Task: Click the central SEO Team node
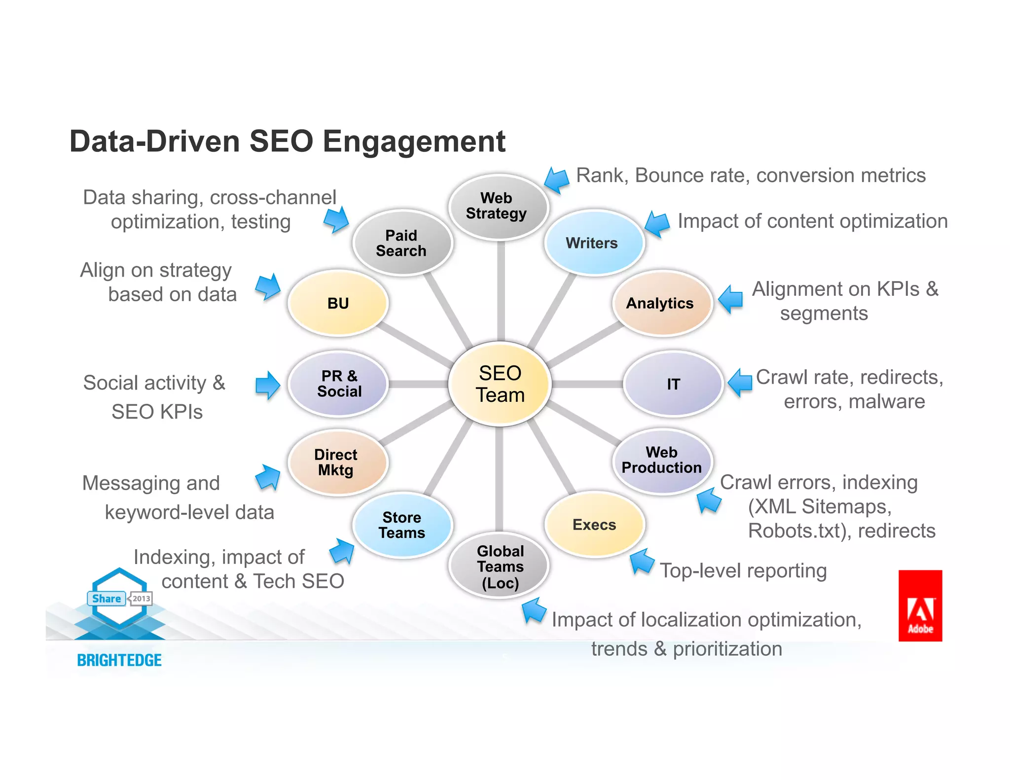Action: [500, 384]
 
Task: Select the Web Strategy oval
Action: [498, 207]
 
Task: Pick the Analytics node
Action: [661, 303]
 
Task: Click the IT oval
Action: [673, 384]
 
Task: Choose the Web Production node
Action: [662, 461]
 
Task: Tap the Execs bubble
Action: [594, 525]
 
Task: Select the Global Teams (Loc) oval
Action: [500, 566]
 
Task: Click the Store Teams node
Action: [402, 525]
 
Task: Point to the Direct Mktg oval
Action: [337, 462]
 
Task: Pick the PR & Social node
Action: [339, 384]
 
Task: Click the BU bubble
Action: [338, 303]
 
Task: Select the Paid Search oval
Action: [402, 243]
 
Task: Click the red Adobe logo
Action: [920, 605]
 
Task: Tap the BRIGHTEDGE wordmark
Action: [119, 660]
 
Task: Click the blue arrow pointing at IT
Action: [740, 382]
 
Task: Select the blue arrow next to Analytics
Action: [730, 299]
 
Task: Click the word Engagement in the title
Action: [414, 142]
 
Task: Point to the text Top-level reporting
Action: [743, 571]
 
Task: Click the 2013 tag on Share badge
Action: [141, 599]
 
